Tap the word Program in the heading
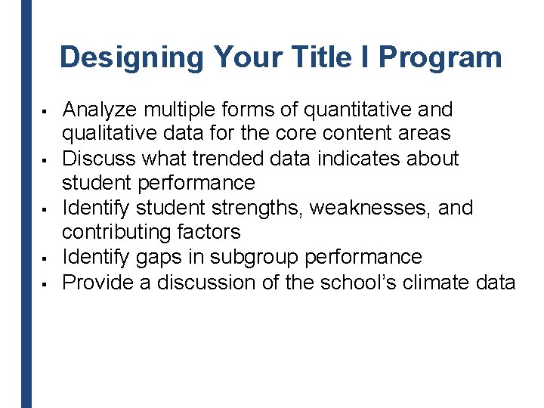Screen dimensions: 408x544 (440, 57)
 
